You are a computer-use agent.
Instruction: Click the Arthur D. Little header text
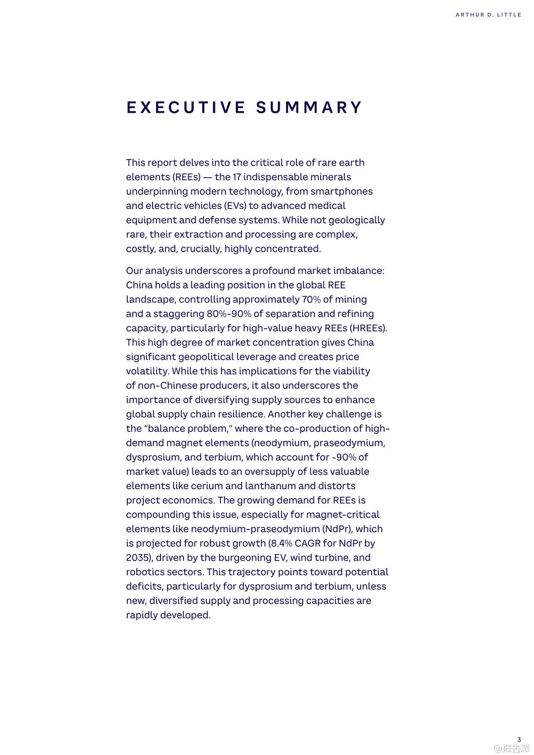[x=488, y=15]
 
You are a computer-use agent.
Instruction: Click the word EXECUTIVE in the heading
[x=186, y=107]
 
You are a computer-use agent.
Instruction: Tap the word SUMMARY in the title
[x=309, y=107]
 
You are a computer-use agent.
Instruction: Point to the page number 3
[x=519, y=740]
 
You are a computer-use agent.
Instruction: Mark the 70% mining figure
[x=311, y=299]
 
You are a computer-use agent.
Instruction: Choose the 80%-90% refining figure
[x=229, y=314]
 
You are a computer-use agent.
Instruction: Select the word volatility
[x=147, y=371]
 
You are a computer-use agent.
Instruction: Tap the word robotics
[x=145, y=572]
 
